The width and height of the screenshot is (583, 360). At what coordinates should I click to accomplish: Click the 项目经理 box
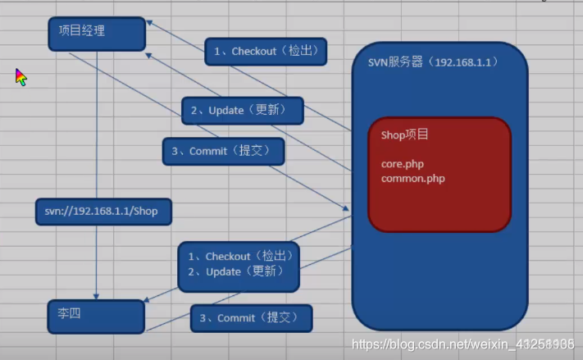pyautogui.click(x=97, y=34)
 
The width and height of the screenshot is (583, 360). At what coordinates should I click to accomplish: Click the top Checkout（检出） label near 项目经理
pyautogui.click(x=266, y=52)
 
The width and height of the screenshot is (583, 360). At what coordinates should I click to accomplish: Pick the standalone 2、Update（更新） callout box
pyautogui.click(x=243, y=111)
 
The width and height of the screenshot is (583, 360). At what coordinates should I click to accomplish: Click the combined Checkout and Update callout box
pyautogui.click(x=239, y=265)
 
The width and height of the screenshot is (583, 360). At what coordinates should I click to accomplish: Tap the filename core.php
pyautogui.click(x=402, y=164)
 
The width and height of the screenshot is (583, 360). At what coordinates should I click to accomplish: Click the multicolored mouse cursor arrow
pyautogui.click(x=20, y=77)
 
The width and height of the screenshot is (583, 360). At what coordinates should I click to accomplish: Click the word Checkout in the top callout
pyautogui.click(x=253, y=52)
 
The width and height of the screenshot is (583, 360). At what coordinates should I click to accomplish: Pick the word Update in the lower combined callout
pyautogui.click(x=223, y=272)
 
